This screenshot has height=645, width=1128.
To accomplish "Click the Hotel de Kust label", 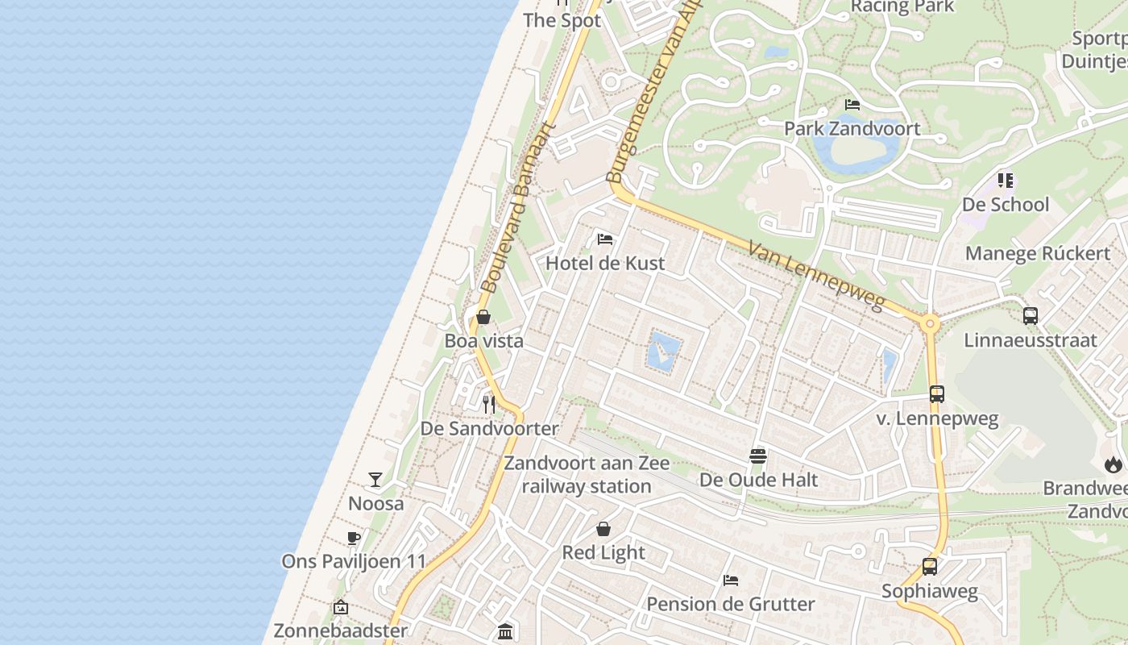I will (x=605, y=263).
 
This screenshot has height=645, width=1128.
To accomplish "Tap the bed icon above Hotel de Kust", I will (x=605, y=239).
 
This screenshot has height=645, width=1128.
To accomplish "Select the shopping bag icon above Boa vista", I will (x=483, y=317).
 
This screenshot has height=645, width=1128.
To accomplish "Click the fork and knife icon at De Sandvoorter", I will (x=489, y=403).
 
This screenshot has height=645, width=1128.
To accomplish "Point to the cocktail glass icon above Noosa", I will (x=375, y=480).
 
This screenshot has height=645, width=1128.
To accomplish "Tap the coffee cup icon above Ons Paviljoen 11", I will (x=353, y=538).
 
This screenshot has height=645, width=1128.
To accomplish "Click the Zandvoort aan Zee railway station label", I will (x=587, y=475).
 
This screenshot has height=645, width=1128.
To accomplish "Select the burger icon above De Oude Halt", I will (x=757, y=456).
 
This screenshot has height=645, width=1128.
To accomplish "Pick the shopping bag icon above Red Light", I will (x=603, y=529).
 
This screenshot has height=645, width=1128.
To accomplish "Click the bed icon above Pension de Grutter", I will (x=731, y=580).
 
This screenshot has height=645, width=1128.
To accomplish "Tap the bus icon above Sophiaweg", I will (x=930, y=567).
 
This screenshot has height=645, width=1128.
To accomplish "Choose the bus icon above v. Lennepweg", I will (x=937, y=394).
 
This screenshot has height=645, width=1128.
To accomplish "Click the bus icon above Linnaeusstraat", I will (x=1031, y=316).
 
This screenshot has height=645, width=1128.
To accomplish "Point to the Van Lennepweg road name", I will (x=816, y=276).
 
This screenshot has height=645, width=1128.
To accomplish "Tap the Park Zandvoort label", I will (x=852, y=128).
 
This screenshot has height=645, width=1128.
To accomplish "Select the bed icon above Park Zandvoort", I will (x=852, y=105).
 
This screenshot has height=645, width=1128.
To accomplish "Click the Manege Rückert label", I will (x=1038, y=253).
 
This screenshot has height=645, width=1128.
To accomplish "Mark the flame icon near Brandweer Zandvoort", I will (x=1113, y=464).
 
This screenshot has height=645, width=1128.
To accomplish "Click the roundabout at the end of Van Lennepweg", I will (x=931, y=325).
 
